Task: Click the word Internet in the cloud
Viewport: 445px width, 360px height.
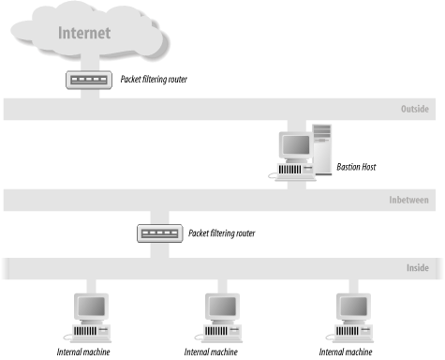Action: point(84,33)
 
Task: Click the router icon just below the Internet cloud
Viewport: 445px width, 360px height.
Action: point(89,81)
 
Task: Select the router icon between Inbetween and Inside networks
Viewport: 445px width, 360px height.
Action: point(157,232)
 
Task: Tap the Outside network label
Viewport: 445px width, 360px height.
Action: point(414,110)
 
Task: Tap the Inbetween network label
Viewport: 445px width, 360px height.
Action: point(408,201)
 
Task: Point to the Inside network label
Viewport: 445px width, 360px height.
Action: point(417,268)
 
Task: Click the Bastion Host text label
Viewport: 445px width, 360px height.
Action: point(356,168)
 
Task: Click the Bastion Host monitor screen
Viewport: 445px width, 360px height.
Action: point(295,145)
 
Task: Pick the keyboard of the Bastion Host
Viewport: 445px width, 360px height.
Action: point(289,174)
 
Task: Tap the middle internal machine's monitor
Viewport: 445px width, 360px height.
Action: point(222,307)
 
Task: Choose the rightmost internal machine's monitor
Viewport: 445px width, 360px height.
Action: point(354,307)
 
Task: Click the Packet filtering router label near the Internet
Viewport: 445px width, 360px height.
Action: point(154,81)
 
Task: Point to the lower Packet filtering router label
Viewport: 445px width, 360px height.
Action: point(222,232)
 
